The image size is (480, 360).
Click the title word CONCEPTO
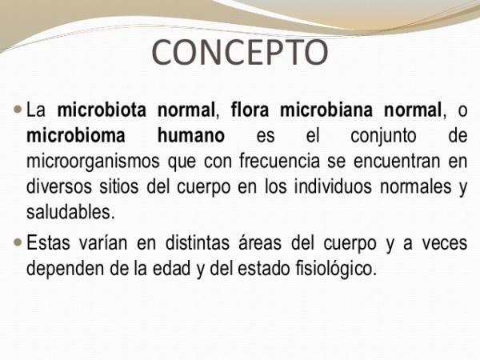pos(240,52)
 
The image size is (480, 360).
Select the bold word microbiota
pos(102,110)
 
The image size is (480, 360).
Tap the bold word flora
pos(250,110)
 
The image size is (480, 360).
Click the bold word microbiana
pos(326,110)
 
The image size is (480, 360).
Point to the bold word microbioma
pos(76,135)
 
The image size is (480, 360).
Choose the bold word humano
pos(191,135)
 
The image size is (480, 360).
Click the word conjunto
pos(383,137)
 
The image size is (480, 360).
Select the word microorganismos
pos(93,162)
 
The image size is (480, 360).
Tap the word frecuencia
pos(279,161)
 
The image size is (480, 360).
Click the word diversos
pos(59,186)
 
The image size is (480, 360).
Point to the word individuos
pos(333,186)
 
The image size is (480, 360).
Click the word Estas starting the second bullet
pos(48,242)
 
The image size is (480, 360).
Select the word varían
pos(103,244)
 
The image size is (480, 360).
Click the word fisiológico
pos(336,269)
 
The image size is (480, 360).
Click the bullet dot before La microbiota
pos(18,110)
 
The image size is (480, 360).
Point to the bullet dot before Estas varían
pos(18,242)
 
